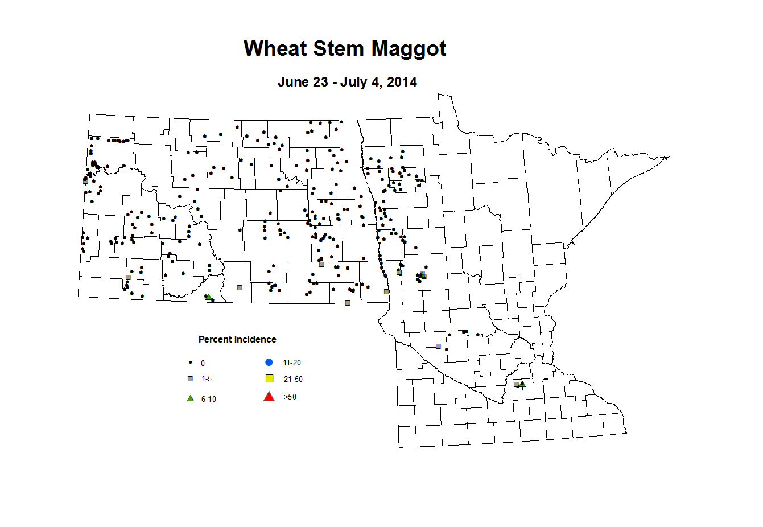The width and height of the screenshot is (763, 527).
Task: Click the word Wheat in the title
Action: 275,49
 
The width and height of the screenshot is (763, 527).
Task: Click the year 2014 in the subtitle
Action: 402,82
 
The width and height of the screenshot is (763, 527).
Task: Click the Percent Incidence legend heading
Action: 237,340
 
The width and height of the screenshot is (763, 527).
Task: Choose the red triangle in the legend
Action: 269,397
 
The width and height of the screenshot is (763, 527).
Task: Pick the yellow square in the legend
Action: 270,379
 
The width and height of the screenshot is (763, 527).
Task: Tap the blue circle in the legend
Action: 270,363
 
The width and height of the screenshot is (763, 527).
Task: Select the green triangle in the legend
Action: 191,398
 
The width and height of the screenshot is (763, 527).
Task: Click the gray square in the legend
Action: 191,379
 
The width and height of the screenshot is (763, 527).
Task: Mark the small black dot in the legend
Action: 191,363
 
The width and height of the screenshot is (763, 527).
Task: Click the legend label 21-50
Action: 293,380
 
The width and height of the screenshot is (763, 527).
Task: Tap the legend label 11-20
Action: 292,363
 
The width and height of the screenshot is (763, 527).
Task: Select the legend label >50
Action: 290,397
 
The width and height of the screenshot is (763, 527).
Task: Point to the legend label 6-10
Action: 209,400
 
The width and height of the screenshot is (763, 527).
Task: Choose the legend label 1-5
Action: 207,379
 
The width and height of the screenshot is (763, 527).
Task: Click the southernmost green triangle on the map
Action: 522,384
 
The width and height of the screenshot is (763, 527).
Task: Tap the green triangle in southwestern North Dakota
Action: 208,297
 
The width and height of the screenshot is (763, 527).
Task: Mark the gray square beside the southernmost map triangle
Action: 516,385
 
